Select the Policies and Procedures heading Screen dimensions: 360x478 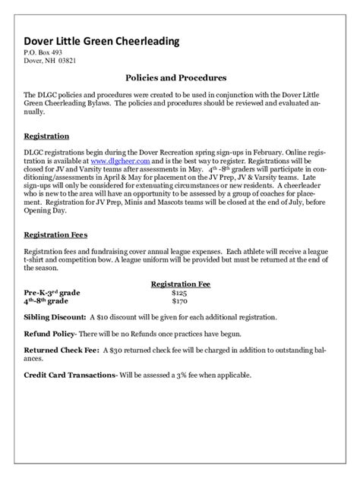point(175,77)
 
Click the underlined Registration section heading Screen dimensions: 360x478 point(47,137)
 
